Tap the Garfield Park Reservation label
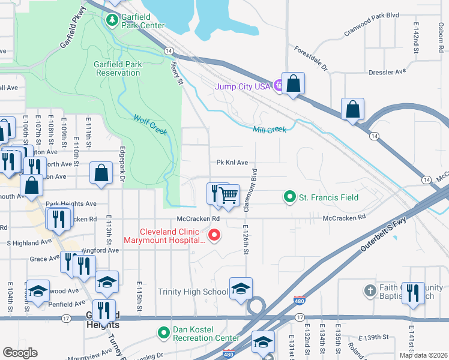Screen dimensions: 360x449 coord(116,68)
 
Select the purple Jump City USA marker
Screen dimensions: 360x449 coord(278,86)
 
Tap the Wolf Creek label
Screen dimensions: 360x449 coord(149,125)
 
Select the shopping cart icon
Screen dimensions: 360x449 coord(228,194)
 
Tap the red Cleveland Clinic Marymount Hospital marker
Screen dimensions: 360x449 coord(213,234)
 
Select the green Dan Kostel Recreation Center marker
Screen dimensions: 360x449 coord(163,332)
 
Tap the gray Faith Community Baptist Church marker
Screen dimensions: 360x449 coord(371,291)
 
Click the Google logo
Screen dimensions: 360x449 coord(19,353)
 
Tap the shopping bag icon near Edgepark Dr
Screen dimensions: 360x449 coord(101,173)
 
